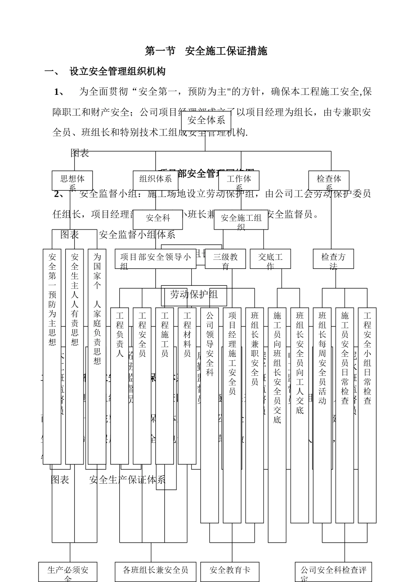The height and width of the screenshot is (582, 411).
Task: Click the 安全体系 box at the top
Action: point(206,121)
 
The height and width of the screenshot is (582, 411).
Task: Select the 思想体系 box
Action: point(72,181)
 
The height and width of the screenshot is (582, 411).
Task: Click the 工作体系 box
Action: point(239,181)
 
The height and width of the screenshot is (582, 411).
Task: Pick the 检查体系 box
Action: point(329,181)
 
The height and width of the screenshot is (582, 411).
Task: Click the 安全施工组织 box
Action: point(241,220)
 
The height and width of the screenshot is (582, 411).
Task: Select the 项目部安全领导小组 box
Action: point(155,259)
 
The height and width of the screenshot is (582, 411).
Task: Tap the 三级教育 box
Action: point(225,259)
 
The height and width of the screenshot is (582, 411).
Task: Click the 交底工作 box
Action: point(270,259)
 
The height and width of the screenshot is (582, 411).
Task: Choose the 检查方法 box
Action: point(333,259)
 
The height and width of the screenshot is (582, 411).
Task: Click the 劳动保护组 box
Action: point(193,295)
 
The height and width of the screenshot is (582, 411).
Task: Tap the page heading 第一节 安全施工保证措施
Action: point(206,51)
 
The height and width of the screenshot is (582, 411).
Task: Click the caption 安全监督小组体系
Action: point(137,235)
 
